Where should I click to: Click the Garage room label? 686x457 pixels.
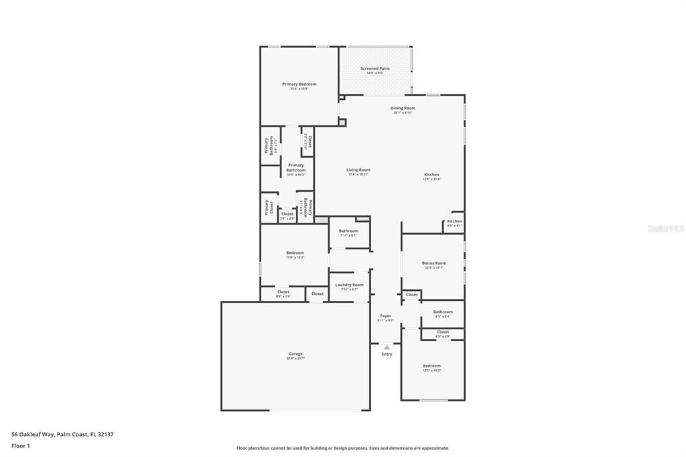295,354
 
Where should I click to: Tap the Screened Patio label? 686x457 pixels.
374,68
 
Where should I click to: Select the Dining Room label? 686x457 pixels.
403,108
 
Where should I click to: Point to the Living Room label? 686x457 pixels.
358,170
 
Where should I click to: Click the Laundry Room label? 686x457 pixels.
349,285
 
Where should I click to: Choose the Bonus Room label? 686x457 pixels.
433,263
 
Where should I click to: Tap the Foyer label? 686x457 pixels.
386,316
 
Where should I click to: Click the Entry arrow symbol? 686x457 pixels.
387,347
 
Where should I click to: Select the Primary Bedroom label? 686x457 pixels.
299,84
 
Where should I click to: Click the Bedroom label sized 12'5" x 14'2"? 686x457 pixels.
431,366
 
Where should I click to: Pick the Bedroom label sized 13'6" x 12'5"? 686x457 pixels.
295,253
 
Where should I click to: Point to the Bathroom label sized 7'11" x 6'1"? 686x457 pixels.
348,231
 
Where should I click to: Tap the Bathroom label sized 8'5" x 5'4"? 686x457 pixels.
442,312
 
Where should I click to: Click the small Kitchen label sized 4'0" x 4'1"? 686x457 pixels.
454,221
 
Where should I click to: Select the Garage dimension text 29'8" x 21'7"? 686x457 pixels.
295,358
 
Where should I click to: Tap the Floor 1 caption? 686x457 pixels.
21,446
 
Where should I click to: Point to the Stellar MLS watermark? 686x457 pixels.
665,228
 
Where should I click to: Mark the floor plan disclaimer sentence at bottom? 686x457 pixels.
342,448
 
